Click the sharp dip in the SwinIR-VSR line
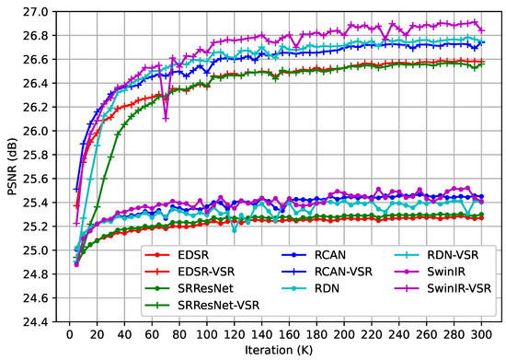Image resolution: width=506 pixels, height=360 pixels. [166, 118]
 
